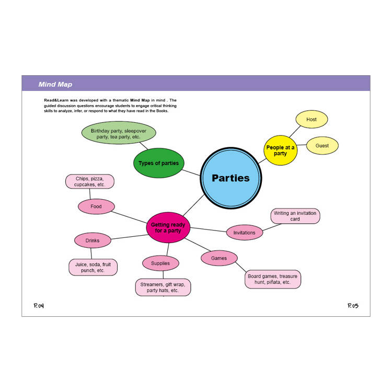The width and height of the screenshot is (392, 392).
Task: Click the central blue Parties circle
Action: click(x=230, y=178)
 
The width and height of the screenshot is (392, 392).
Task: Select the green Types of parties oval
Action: click(x=159, y=163)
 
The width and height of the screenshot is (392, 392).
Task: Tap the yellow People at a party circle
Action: click(x=281, y=150)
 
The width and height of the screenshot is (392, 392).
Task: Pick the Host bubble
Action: click(x=312, y=119)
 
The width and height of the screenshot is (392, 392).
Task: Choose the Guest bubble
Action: click(x=322, y=145)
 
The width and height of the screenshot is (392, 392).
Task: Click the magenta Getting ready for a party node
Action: click(x=168, y=227)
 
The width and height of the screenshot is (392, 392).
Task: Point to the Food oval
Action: click(x=96, y=206)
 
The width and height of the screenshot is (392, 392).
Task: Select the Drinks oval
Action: click(x=93, y=240)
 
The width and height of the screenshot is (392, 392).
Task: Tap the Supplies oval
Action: click(x=160, y=263)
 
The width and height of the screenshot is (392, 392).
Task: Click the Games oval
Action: click(x=219, y=258)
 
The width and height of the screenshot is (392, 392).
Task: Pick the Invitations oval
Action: click(x=245, y=233)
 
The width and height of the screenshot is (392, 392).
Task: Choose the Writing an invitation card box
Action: click(x=295, y=216)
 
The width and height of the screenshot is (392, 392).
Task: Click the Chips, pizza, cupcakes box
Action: click(x=90, y=181)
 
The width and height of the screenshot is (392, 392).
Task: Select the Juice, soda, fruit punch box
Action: click(x=93, y=267)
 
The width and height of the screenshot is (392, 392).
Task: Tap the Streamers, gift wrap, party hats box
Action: click(x=163, y=287)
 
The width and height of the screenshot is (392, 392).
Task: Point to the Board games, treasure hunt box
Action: click(x=273, y=279)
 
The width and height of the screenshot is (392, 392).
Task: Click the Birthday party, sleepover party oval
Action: click(x=119, y=133)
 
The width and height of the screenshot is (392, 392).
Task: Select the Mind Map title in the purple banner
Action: click(x=55, y=84)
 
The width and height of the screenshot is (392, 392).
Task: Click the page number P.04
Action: click(x=39, y=306)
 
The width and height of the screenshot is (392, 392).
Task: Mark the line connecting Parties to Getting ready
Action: click(x=194, y=205)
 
